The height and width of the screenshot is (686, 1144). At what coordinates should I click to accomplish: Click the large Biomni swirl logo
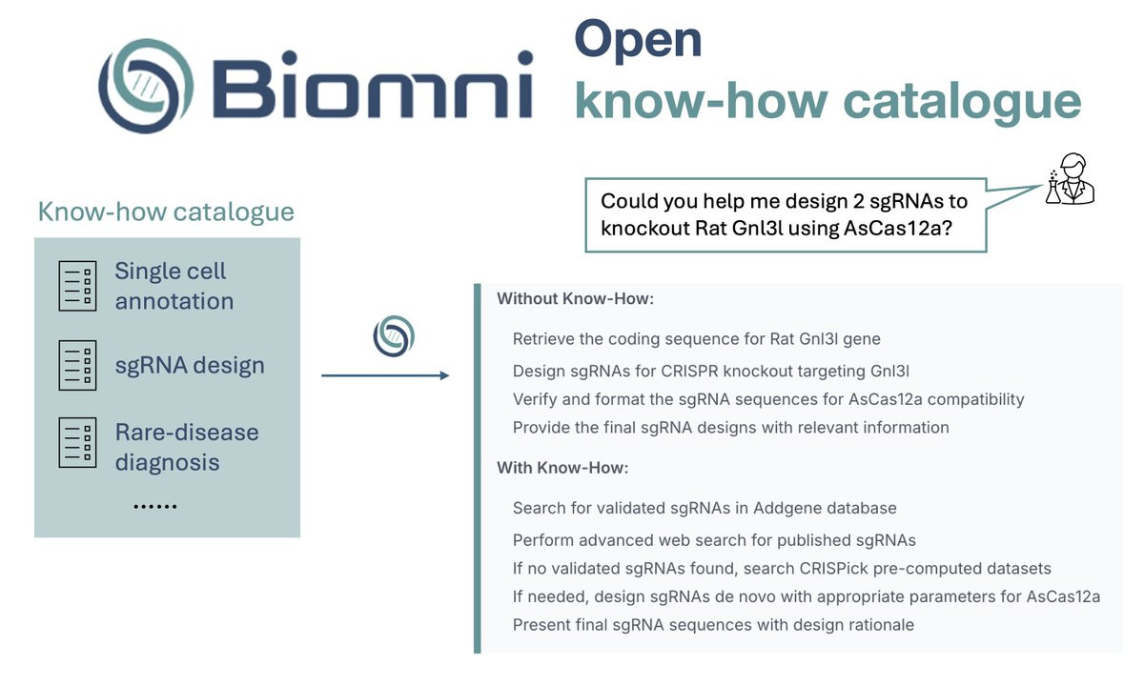pos(146,86)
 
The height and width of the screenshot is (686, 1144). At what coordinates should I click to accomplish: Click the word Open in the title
pos(638,41)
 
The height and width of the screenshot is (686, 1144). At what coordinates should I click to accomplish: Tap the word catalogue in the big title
pos(963,102)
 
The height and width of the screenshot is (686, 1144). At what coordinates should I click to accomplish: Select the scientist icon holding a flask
pos(1070,179)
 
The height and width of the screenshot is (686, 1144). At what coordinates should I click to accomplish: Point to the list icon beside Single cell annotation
pos(77,286)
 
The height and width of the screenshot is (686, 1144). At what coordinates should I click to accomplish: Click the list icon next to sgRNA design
pos(77,366)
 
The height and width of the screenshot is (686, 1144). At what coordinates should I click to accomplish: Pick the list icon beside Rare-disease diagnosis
pos(77,442)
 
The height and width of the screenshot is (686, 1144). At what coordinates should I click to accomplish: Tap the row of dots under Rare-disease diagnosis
pos(155,507)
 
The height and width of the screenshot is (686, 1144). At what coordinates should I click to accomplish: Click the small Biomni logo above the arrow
pos(394,335)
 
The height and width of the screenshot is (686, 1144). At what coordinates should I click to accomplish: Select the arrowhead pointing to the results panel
pos(444,375)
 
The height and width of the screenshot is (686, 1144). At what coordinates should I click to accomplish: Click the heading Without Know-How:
pos(576,298)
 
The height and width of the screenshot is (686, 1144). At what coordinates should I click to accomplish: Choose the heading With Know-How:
pos(562,468)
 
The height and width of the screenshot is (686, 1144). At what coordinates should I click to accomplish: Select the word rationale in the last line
pos(882,625)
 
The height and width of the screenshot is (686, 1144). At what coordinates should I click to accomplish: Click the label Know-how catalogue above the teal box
pos(166,212)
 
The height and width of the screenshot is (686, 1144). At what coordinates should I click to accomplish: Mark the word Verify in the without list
pos(535,399)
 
